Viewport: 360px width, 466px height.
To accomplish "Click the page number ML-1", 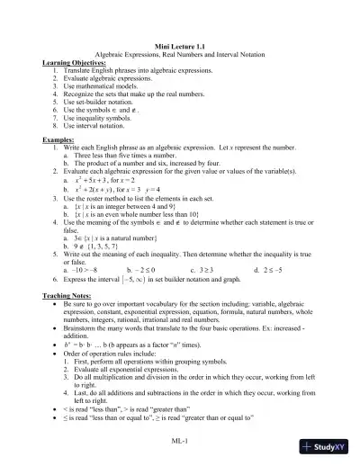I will click(x=180, y=441).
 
